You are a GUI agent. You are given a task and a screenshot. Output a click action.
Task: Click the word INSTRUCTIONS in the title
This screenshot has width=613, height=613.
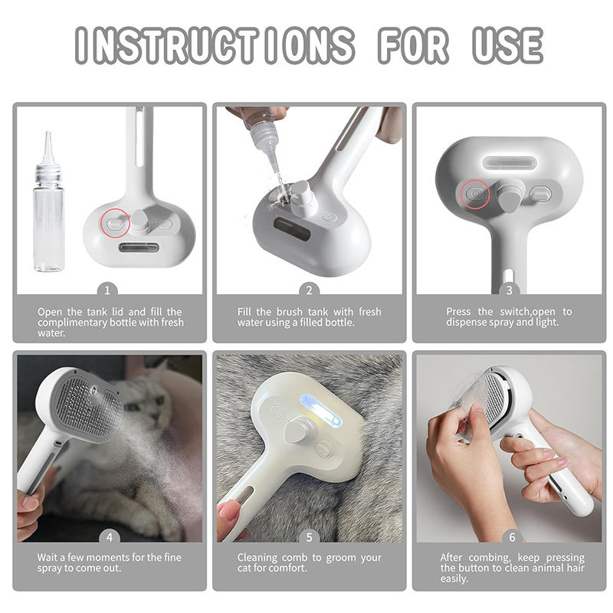215,45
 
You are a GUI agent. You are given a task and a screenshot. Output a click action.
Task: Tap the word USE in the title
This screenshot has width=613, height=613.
507,45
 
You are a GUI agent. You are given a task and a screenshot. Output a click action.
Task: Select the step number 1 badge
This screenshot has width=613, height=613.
107,290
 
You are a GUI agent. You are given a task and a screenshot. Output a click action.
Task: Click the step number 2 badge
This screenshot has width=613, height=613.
310,290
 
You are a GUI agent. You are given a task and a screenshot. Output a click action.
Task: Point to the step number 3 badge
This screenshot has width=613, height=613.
509,290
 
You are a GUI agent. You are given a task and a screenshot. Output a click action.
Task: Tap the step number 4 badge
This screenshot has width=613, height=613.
110,538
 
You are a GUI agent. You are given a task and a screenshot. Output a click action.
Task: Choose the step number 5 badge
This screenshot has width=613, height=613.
310,538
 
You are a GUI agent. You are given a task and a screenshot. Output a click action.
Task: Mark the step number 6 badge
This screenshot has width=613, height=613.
512,538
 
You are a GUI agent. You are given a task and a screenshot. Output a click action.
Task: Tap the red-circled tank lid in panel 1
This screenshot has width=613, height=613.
115,223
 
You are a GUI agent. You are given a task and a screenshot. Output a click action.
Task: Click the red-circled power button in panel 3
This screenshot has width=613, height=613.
475,194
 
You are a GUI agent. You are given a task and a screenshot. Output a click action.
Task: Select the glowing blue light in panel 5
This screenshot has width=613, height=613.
320,412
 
